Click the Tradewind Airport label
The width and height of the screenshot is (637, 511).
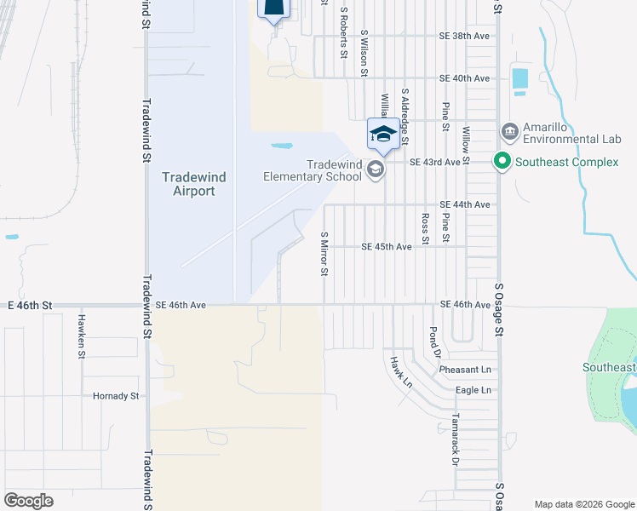coord(188,184)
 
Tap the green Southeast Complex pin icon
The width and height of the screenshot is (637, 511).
coord(502,161)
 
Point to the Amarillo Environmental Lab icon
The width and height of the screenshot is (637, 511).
coord(510,132)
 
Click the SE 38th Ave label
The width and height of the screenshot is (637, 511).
coord(465,37)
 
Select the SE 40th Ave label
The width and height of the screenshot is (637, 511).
coord(465,78)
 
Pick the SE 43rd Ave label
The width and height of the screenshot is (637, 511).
coord(434,162)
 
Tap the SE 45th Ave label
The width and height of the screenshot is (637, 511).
coord(387,247)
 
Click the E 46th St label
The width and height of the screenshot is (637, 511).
coord(31,304)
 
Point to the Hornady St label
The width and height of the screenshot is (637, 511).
coord(116,396)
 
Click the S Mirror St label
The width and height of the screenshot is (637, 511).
coord(324,254)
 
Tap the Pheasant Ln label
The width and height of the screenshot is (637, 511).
coord(466,370)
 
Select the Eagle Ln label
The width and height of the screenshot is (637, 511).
coord(474,390)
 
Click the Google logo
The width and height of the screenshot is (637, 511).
coord(28,501)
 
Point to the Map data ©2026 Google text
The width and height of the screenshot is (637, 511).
coord(583,503)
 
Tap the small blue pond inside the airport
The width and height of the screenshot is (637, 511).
coord(283,146)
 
